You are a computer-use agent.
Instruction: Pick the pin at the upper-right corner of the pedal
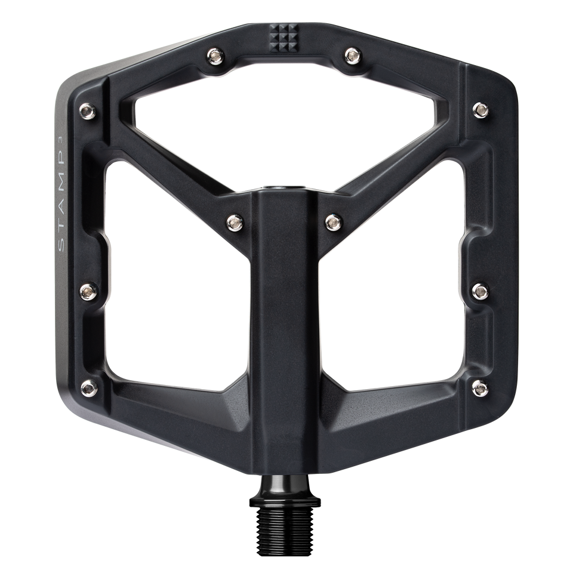pos(479,108)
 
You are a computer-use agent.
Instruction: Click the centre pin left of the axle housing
pos(234,221)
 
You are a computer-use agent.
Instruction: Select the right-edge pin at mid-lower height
pos(479,291)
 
